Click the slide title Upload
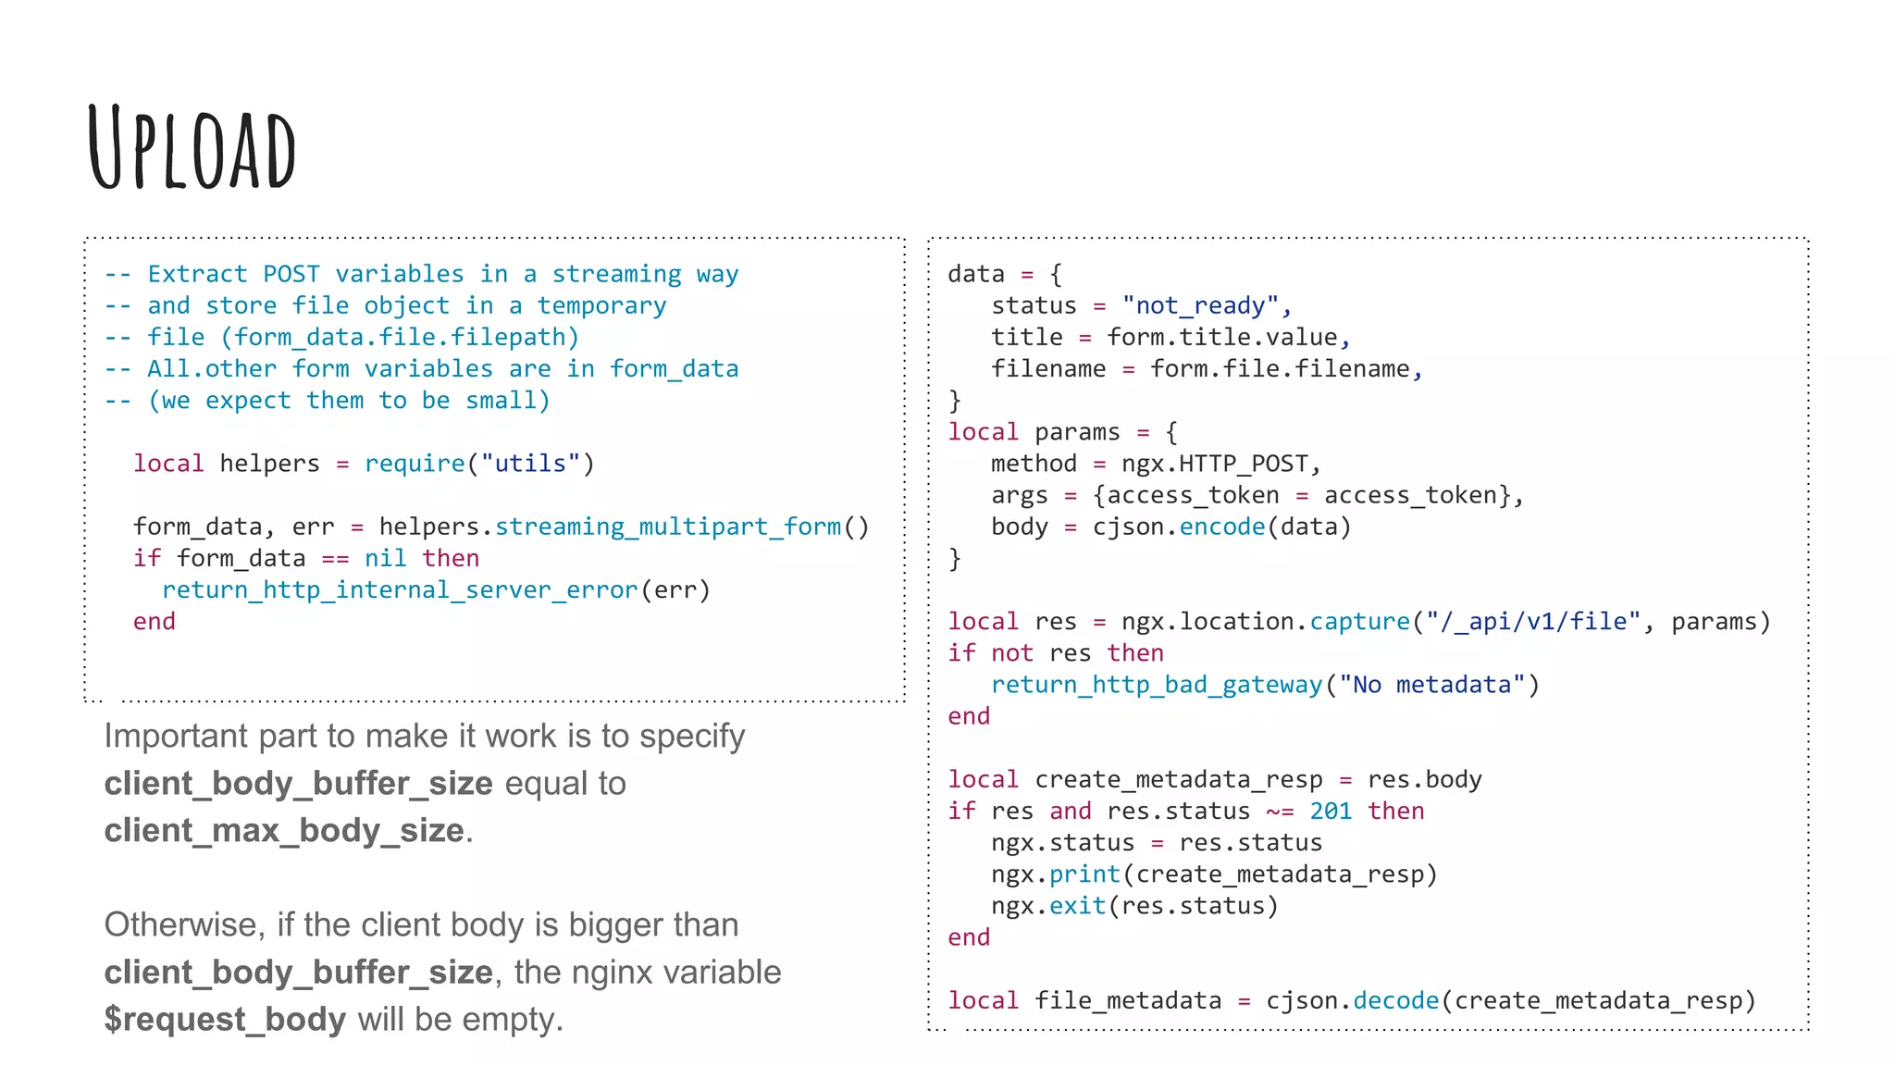tap(192, 148)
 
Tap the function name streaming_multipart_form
tap(668, 527)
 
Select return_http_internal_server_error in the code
tap(400, 589)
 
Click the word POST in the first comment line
tap(291, 274)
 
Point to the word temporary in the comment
tap(601, 305)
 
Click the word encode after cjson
tap(1221, 527)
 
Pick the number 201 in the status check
tap(1331, 811)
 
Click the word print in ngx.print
tap(1084, 874)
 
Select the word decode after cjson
tap(1395, 1000)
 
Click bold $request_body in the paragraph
tap(225, 1019)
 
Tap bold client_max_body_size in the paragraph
tap(284, 830)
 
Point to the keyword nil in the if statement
tap(385, 558)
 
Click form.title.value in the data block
tap(1221, 337)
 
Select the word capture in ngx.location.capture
tap(1359, 621)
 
